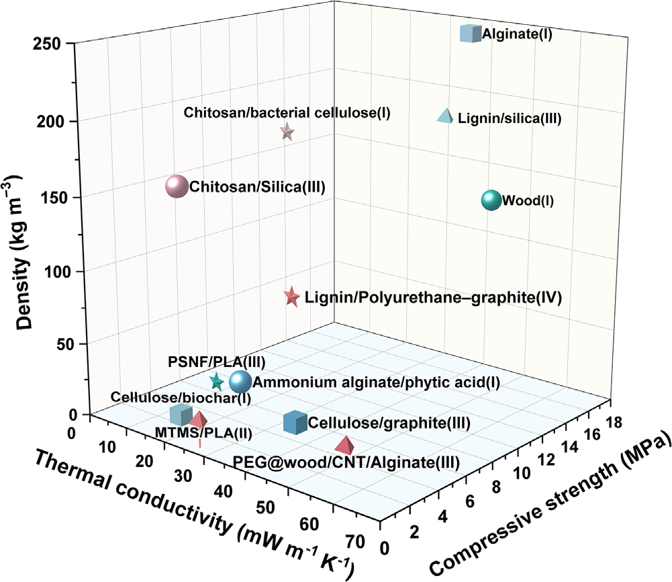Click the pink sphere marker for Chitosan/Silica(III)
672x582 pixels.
tap(177, 187)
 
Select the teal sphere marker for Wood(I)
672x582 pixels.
tap(491, 200)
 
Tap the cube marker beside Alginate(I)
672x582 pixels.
tap(471, 34)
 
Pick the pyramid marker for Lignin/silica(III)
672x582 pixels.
tap(445, 116)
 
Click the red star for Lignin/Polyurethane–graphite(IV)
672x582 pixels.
tap(291, 296)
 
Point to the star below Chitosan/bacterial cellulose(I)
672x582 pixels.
tap(287, 132)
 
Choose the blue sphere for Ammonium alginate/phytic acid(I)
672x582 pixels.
tap(240, 381)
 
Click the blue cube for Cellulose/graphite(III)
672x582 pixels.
tap(295, 422)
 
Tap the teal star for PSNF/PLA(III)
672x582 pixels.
tap(216, 381)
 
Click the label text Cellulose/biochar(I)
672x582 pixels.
tap(181, 397)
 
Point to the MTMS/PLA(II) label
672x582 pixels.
tap(203, 433)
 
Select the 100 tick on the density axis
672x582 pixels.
tap(58, 272)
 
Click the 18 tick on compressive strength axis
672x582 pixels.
tap(614, 423)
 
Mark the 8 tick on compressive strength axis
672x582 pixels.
tap(496, 487)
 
